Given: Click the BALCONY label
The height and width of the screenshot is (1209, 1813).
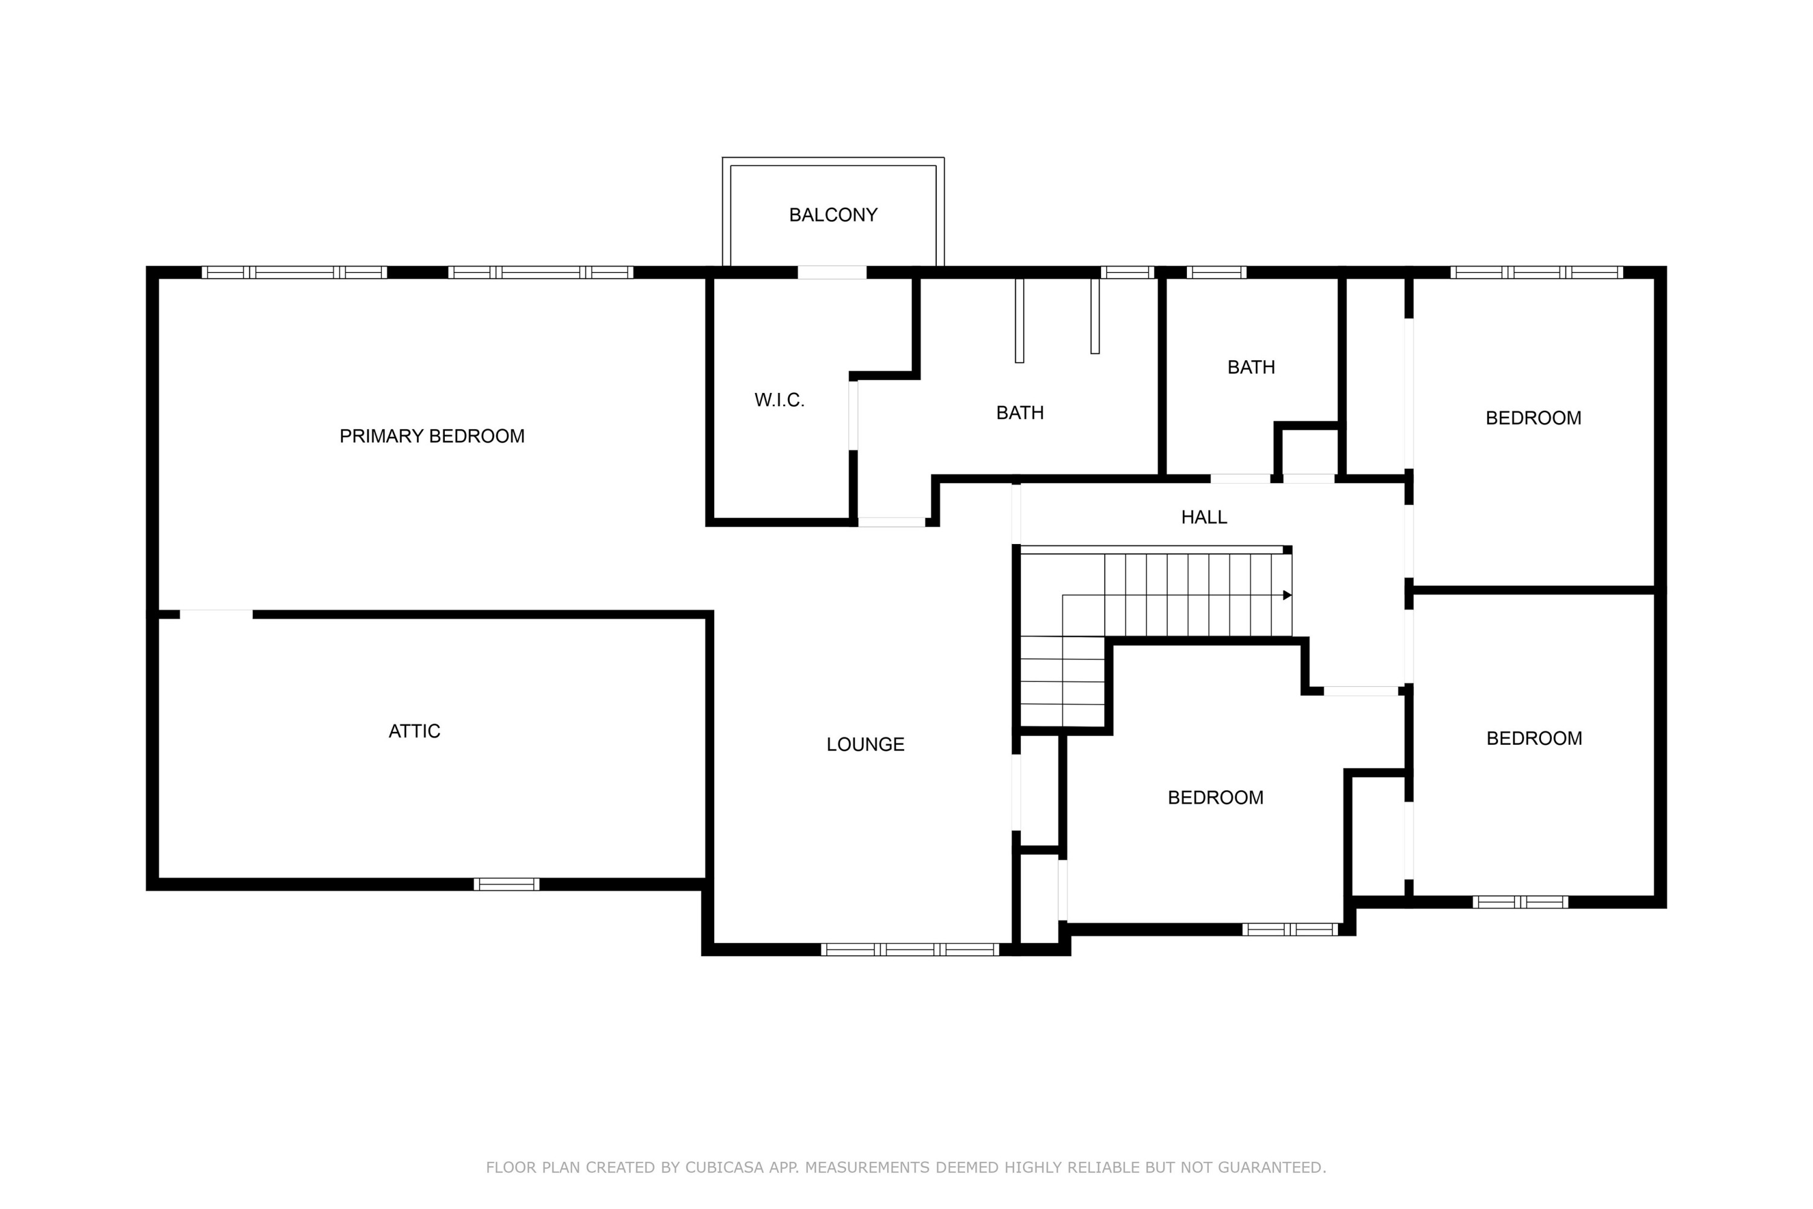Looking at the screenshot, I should pyautogui.click(x=833, y=215).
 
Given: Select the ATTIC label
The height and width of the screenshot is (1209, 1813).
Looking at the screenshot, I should pyautogui.click(x=414, y=731).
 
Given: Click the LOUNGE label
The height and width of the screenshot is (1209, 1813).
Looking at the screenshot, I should pyautogui.click(x=865, y=745).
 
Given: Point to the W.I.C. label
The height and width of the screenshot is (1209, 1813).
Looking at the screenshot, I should pyautogui.click(x=780, y=400).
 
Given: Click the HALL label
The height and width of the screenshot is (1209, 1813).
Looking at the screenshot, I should pyautogui.click(x=1203, y=517).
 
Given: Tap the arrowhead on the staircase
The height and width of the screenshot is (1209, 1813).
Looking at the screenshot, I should pyautogui.click(x=1287, y=595).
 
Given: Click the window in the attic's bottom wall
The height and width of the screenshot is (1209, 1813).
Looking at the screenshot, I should pyautogui.click(x=506, y=884).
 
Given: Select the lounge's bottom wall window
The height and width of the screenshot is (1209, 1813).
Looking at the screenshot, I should pyautogui.click(x=910, y=950).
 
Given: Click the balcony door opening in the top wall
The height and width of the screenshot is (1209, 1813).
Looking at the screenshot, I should pyautogui.click(x=831, y=272).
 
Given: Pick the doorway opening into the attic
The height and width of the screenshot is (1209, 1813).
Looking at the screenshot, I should pyautogui.click(x=216, y=615).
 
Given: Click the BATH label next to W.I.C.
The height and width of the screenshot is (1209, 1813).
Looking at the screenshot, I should pyautogui.click(x=1020, y=413).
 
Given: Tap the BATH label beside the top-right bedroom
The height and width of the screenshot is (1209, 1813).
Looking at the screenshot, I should pyautogui.click(x=1250, y=368).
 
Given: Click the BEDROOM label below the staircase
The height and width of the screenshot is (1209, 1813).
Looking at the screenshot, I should pyautogui.click(x=1215, y=798).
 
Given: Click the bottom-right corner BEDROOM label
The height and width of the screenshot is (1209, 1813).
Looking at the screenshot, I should pyautogui.click(x=1533, y=739).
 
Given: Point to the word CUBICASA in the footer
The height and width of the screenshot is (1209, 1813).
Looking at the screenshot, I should pyautogui.click(x=724, y=1167).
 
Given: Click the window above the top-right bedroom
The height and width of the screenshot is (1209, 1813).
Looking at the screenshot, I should pyautogui.click(x=1536, y=272).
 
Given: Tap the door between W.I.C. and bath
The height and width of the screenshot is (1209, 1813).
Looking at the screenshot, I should pyautogui.click(x=853, y=416).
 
